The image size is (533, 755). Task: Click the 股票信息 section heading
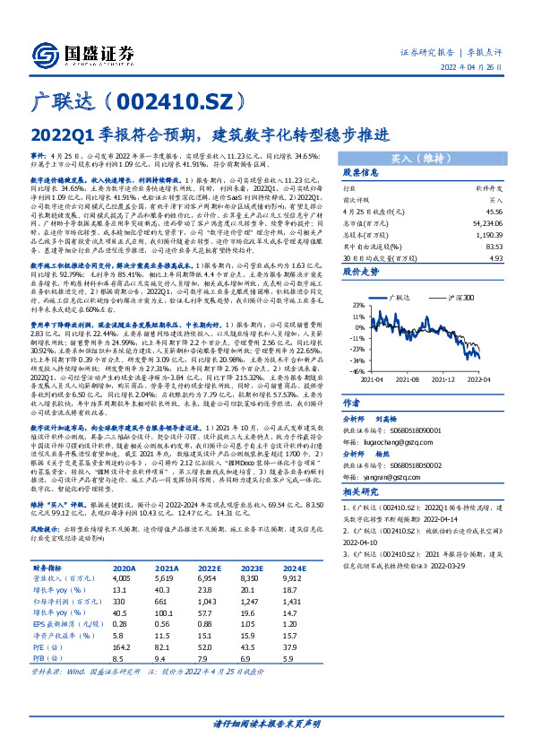click(362, 172)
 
